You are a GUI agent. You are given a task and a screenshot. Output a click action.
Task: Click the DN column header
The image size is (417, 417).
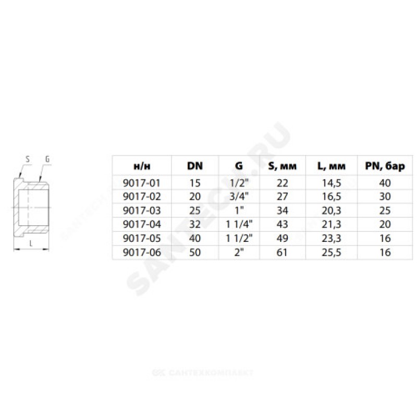[195, 166]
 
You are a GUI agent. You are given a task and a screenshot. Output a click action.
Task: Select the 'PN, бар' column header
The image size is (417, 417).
[385, 166]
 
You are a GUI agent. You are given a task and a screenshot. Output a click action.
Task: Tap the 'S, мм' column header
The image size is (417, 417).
[282, 166]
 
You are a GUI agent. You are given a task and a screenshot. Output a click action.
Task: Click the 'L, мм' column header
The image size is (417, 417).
[332, 166]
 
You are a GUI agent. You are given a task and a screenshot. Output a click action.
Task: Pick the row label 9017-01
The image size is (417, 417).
[142, 183]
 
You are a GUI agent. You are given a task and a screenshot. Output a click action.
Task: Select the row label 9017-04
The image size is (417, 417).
[142, 224]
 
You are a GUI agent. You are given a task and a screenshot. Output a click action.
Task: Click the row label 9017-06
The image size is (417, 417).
[142, 252]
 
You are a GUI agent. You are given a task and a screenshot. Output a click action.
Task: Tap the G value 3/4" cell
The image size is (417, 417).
[239, 197]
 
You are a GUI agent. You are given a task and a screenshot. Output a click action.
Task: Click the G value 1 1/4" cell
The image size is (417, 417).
[239, 224]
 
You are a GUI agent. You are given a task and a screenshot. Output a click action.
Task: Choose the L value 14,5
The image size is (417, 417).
[332, 183]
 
